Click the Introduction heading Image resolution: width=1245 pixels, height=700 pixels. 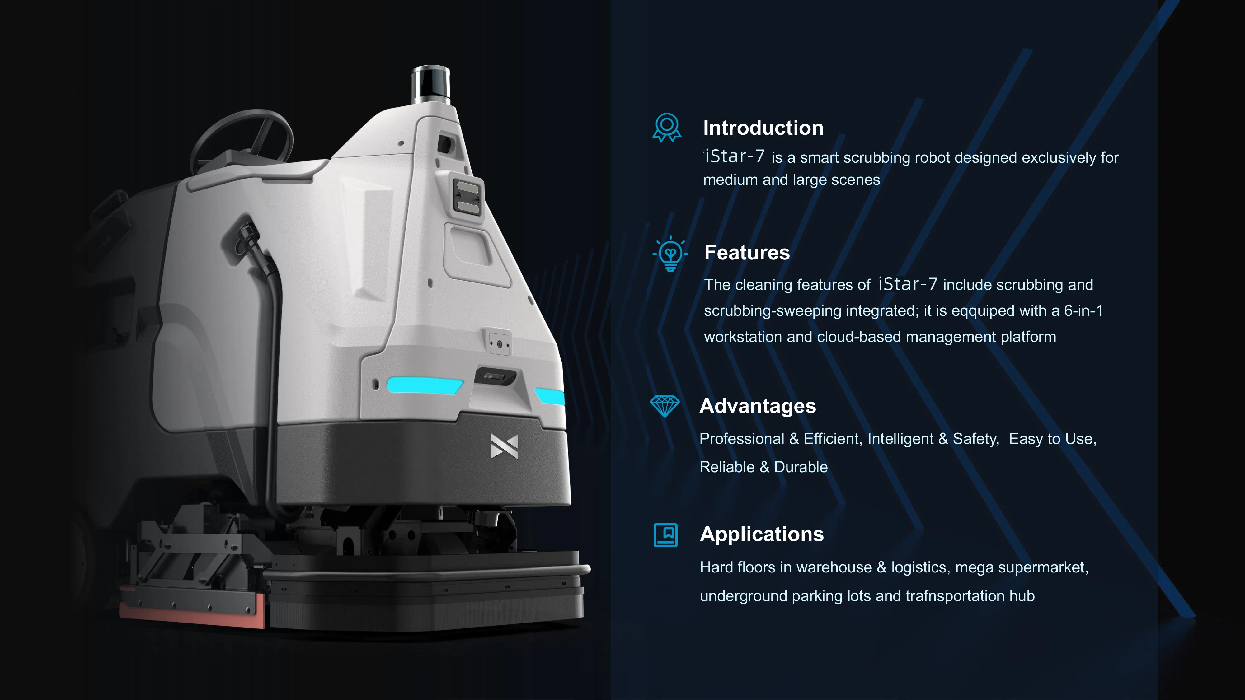[x=763, y=128]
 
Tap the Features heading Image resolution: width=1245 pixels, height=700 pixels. [x=747, y=252]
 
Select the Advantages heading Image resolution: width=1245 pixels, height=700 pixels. [x=757, y=406]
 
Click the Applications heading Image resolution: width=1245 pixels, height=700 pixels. [x=762, y=534]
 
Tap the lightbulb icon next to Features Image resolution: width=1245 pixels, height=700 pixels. [x=670, y=254]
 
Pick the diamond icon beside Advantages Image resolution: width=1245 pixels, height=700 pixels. [x=665, y=406]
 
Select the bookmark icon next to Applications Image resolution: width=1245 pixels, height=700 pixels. [x=665, y=535]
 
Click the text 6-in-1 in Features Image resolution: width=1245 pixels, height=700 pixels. [x=1083, y=310]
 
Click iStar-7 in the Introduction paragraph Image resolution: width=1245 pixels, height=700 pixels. [x=735, y=156]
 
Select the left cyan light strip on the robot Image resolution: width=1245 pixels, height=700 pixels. [x=424, y=385]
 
